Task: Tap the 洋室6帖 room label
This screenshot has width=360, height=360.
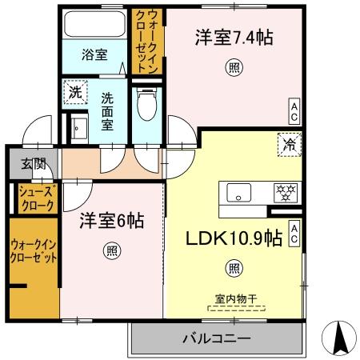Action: pos(111,222)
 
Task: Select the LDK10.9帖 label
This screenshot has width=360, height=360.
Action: pos(234,238)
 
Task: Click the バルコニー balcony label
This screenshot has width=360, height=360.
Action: pos(215,337)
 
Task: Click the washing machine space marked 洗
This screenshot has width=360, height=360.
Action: pos(74,92)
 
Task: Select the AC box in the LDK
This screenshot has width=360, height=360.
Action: pos(294,233)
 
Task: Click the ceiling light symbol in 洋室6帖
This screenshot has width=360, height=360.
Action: pos(110,251)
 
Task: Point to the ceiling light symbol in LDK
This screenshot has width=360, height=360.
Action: pos(233,269)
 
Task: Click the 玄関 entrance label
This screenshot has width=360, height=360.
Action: pos(34,165)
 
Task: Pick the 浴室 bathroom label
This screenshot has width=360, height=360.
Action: pos(94,55)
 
